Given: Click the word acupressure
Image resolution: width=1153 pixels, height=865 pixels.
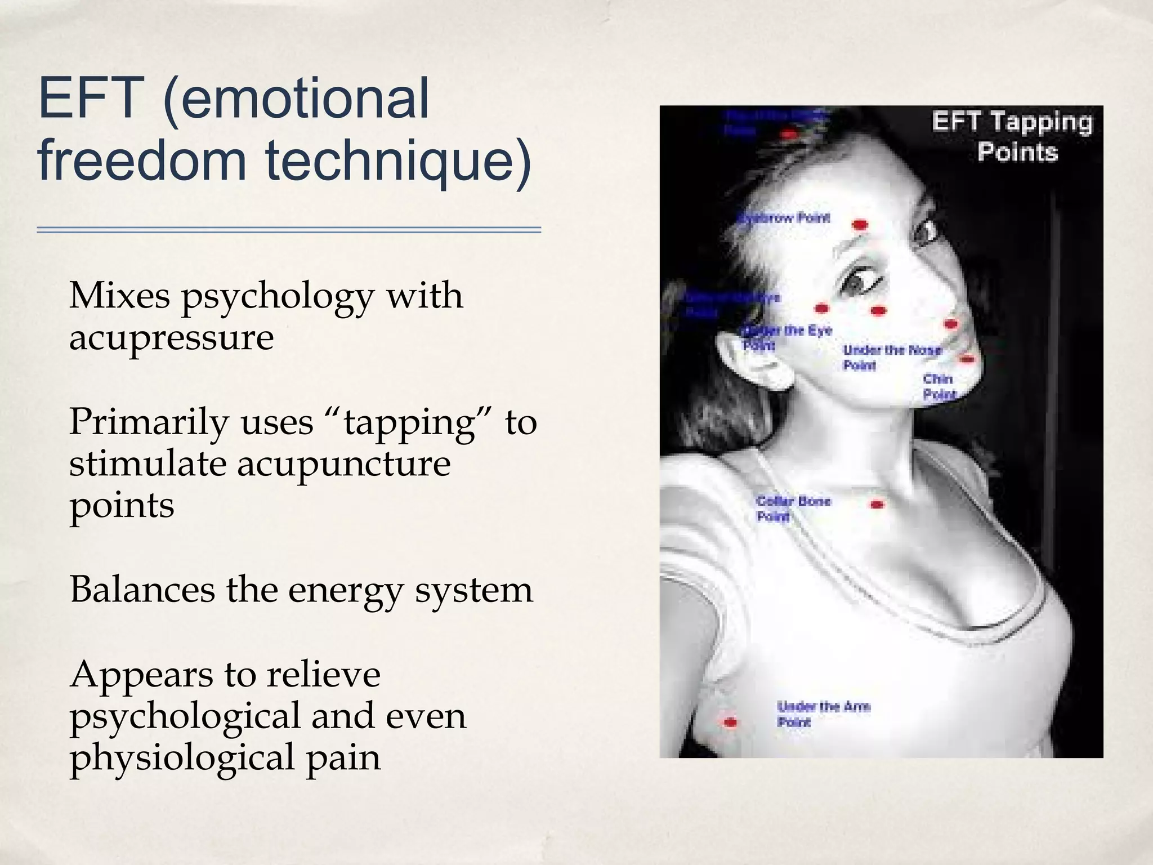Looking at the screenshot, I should coord(171,337).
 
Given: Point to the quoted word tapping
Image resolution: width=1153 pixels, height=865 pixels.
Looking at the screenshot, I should coord(410,422).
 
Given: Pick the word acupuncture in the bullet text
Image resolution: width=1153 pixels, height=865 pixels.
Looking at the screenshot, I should coord(343,464).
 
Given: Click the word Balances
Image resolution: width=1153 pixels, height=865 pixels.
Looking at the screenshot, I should coord(142,590).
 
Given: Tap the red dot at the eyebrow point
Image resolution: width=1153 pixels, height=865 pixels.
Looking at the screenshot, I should coord(859,225).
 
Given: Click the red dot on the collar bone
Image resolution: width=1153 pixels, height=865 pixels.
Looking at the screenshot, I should coord(877,505).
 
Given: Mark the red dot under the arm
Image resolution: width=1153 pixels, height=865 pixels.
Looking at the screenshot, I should coord(730,722).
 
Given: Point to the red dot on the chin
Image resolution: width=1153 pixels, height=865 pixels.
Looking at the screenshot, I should coord(967,359).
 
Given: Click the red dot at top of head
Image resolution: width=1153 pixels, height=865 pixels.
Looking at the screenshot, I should coord(789,134).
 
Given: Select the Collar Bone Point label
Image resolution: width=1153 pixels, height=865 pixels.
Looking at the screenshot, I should coord(793,508).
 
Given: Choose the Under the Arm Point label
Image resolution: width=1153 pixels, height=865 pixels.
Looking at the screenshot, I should coord(823,714).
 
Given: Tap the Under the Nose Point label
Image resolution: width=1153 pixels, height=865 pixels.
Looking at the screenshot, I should coord(891,357).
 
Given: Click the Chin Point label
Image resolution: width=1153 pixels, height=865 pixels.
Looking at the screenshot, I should coord(939,386).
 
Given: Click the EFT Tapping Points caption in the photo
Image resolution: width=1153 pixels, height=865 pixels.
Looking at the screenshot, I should coord(1012,137).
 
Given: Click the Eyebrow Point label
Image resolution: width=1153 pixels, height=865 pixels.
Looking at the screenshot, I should coord(785,219).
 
